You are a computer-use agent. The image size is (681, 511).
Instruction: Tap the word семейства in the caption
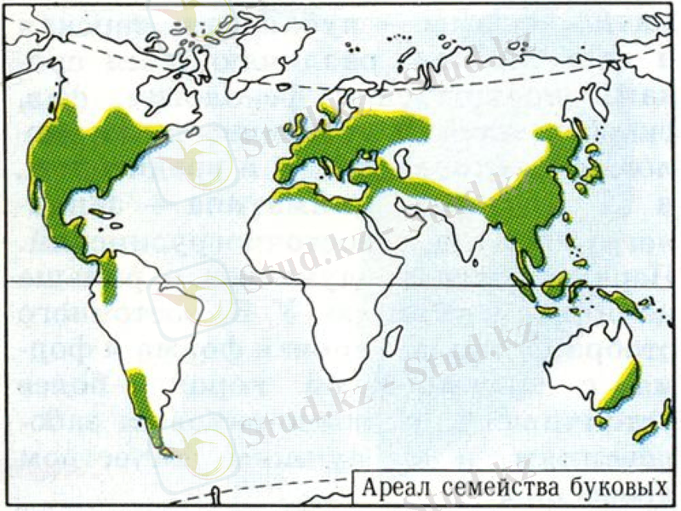click(x=488, y=490)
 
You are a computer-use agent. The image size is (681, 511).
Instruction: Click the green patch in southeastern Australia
click(x=622, y=388)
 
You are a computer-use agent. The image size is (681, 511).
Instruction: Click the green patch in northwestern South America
click(x=108, y=280)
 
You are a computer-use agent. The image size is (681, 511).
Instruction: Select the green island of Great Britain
click(x=300, y=128)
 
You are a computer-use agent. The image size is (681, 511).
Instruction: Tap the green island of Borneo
click(x=558, y=282)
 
